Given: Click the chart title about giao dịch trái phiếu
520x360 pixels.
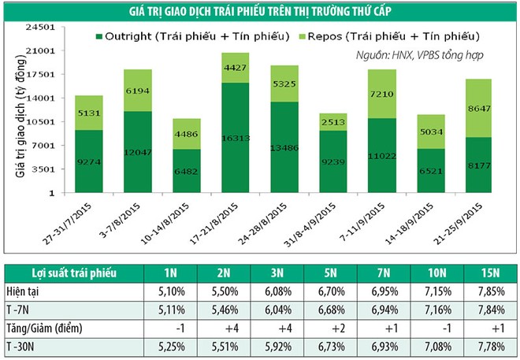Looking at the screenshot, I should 260,9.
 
